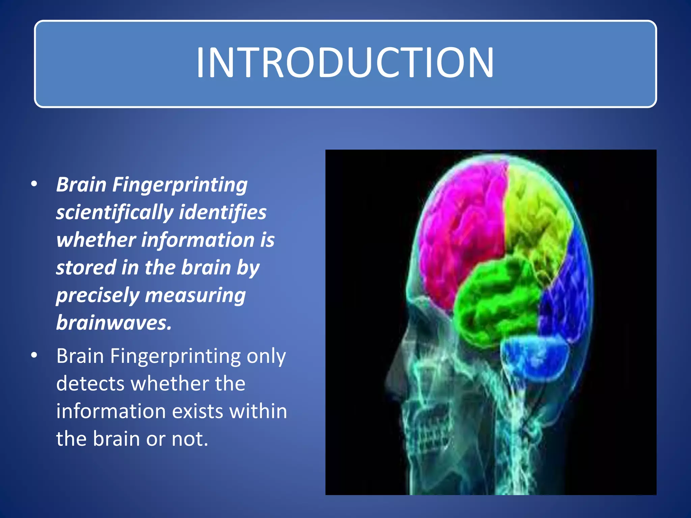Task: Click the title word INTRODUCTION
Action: (x=345, y=63)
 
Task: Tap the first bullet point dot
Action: (x=34, y=184)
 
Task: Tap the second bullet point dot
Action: (x=34, y=356)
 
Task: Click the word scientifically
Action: (x=115, y=213)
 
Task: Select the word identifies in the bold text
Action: (x=223, y=212)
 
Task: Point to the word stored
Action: (x=86, y=267)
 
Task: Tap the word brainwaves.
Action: (x=114, y=323)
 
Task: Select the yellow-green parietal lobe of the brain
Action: (x=536, y=216)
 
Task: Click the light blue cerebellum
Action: (x=533, y=357)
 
